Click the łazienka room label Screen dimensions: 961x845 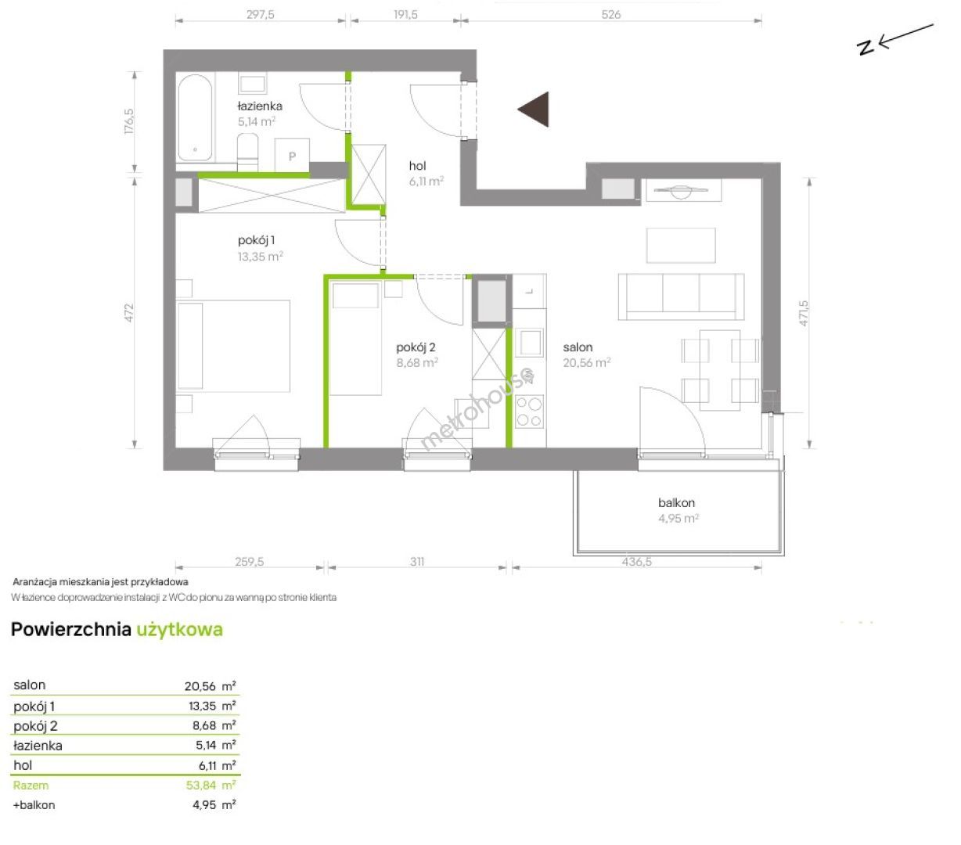pyautogui.click(x=260, y=106)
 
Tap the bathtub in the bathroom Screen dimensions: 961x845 pyautogui.click(x=195, y=117)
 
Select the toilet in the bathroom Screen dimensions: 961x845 pyautogui.click(x=247, y=151)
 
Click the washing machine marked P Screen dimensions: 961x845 pyautogui.click(x=292, y=156)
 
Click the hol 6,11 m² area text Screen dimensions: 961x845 pyautogui.click(x=426, y=181)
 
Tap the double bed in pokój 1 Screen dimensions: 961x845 pyautogui.click(x=232, y=346)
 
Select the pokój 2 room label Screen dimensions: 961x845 pyautogui.click(x=416, y=347)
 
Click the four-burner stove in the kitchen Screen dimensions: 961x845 pyautogui.click(x=529, y=412)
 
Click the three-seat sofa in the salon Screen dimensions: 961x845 pyautogui.click(x=681, y=297)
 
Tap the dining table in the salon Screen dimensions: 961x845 pyautogui.click(x=719, y=370)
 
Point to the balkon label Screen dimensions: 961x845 pyautogui.click(x=676, y=502)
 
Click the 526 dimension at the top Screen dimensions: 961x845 pyautogui.click(x=611, y=14)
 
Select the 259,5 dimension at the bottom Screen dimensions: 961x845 pyautogui.click(x=249, y=562)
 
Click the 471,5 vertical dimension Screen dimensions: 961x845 pyautogui.click(x=803, y=313)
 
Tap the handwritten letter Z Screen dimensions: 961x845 pyautogui.click(x=866, y=47)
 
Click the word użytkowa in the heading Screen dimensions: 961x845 pyautogui.click(x=179, y=630)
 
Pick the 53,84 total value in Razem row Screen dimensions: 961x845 pyautogui.click(x=201, y=786)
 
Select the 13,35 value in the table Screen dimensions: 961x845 pyautogui.click(x=203, y=706)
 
